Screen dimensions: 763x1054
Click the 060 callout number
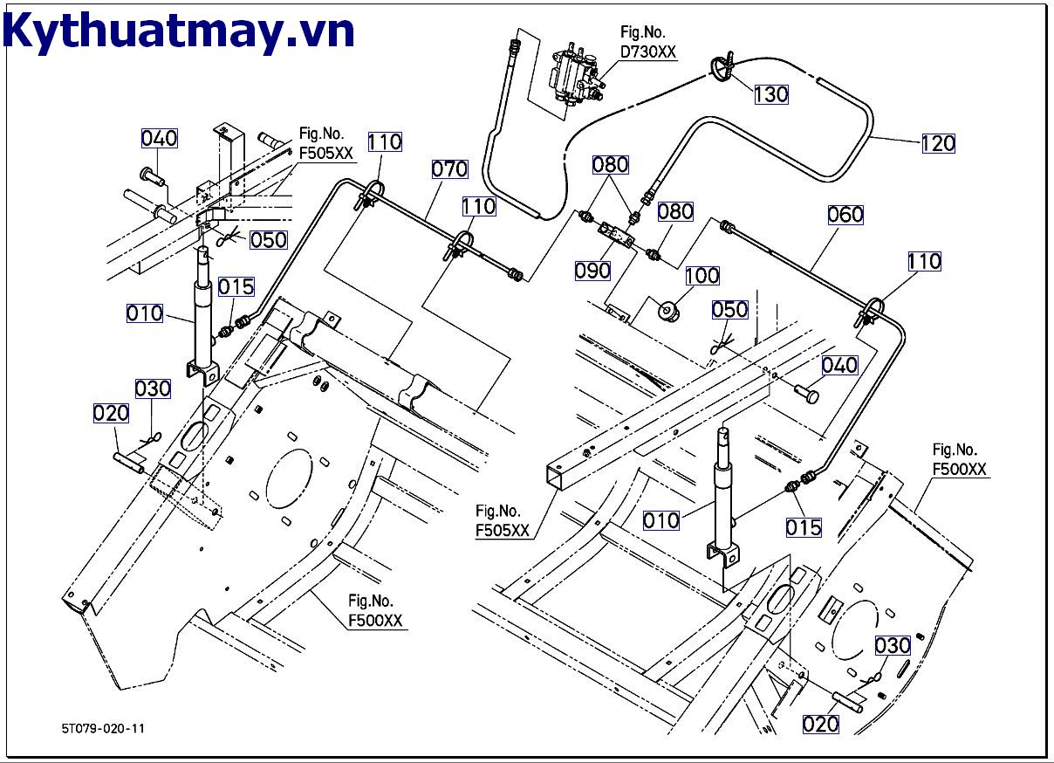click(x=845, y=214)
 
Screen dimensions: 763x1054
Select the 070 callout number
click(x=450, y=168)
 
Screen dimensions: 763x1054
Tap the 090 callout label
click(x=592, y=271)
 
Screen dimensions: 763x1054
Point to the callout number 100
click(x=702, y=276)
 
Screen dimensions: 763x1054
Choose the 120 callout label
click(x=938, y=143)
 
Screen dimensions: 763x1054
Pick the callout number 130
click(x=770, y=93)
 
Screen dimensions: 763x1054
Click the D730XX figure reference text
click(x=648, y=52)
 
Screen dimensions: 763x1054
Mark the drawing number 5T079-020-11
click(x=103, y=727)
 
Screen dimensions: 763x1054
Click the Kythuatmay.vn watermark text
click(x=180, y=31)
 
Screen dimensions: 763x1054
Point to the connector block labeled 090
click(x=616, y=236)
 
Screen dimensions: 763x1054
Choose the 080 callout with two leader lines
click(x=611, y=164)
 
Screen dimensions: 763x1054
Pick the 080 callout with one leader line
click(x=675, y=210)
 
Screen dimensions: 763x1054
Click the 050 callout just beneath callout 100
click(x=729, y=310)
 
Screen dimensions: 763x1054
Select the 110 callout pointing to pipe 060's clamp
click(x=924, y=261)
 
